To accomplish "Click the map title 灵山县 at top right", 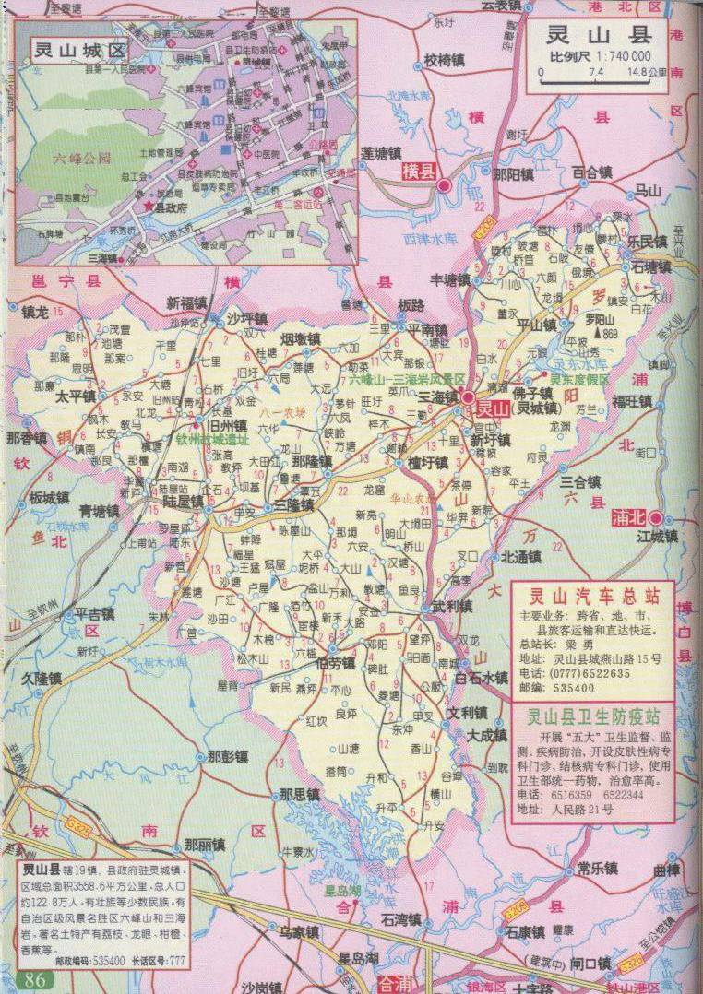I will point(599,36).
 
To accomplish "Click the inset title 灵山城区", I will point(77,48).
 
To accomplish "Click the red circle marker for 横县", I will point(444,184).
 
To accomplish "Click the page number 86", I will point(35,979).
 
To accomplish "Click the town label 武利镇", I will point(452,607).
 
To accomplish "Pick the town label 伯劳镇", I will point(335,663).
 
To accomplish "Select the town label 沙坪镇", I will point(246,318).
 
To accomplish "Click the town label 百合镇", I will point(591,172).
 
